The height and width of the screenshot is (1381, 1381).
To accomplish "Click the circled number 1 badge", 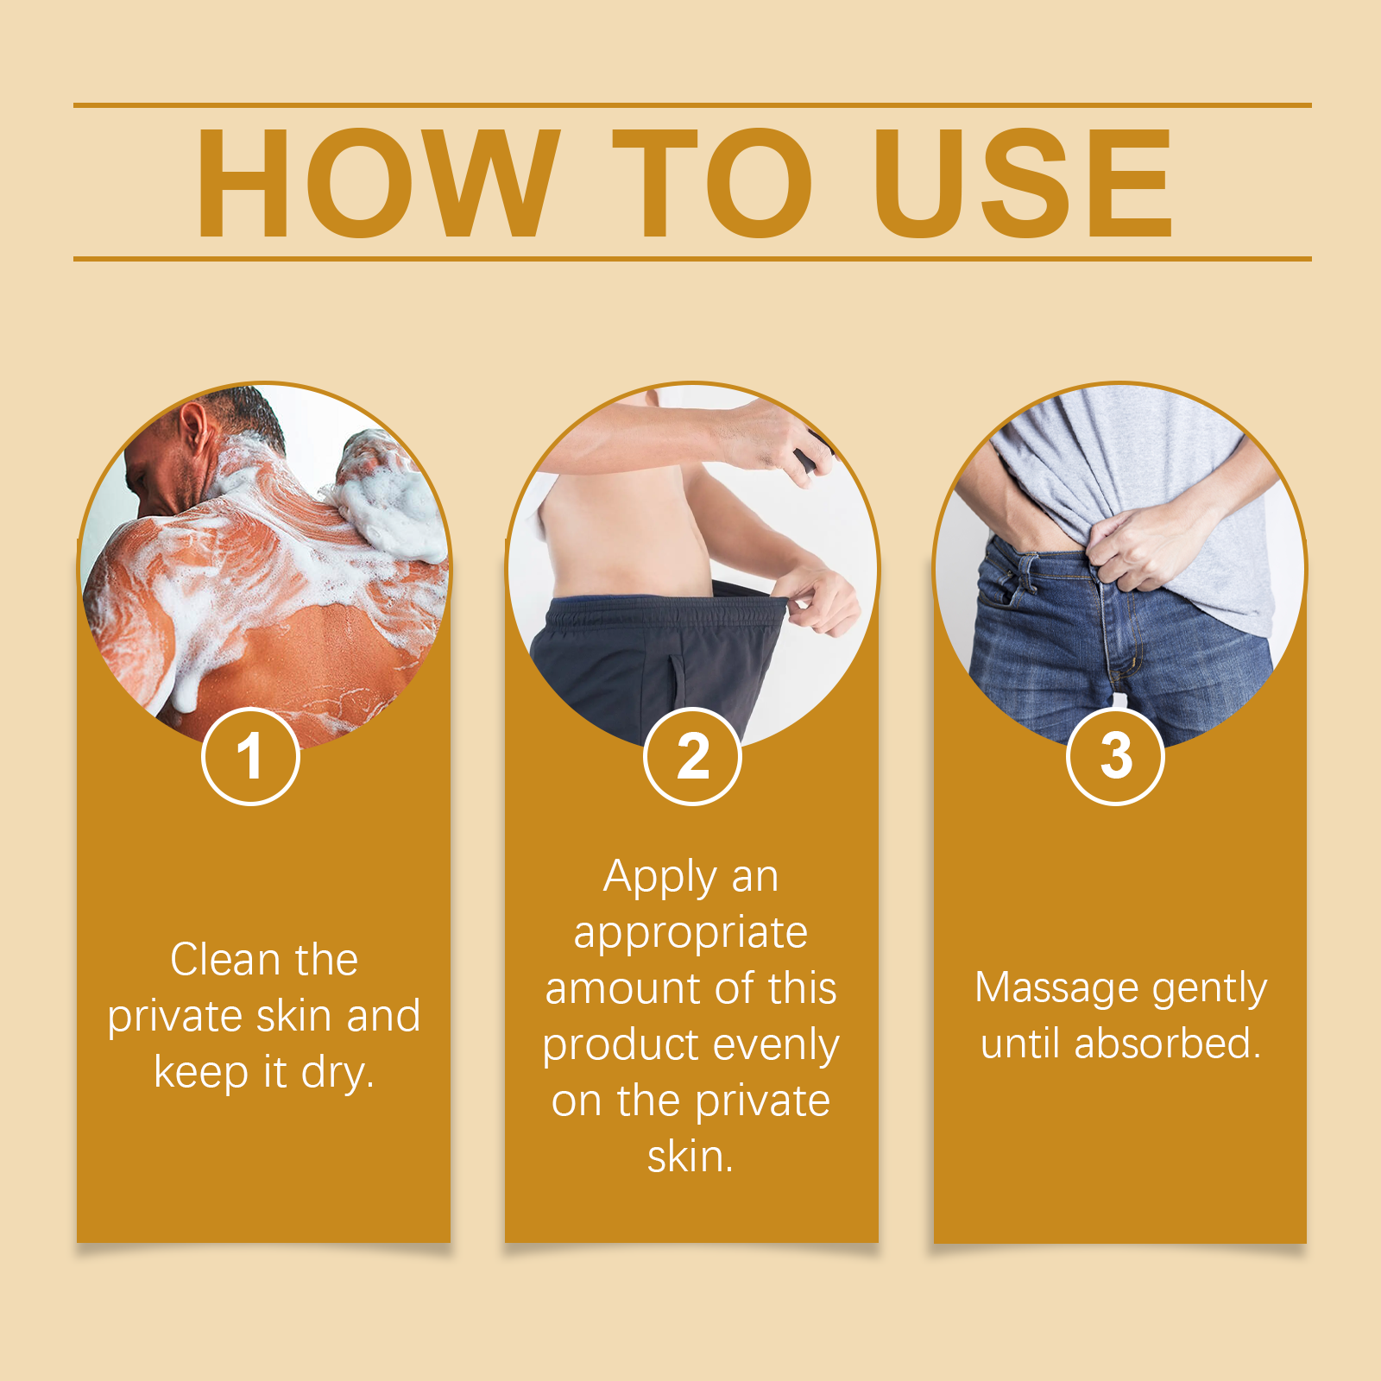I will [x=250, y=756].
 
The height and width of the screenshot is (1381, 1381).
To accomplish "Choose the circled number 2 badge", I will [x=692, y=756].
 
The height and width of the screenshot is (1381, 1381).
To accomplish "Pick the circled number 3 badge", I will [x=1115, y=756].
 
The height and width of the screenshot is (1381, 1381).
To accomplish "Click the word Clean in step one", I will [x=225, y=960].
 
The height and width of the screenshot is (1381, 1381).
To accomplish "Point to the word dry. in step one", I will [x=337, y=1073].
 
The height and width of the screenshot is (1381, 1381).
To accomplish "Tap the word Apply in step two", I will [x=660, y=877].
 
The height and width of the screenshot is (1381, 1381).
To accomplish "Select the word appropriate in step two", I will [x=690, y=933].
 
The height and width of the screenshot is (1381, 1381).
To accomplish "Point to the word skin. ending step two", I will [x=690, y=1157].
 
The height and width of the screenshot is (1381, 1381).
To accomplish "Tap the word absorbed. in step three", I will [x=1168, y=1044].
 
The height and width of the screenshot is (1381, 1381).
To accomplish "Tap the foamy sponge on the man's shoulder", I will [x=388, y=492].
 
